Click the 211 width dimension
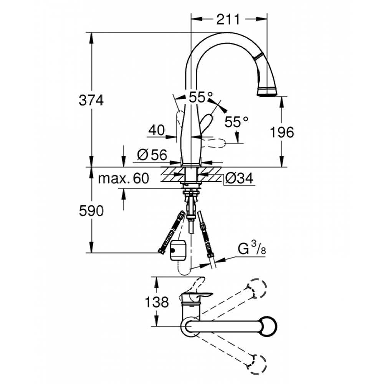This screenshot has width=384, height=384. [228, 19]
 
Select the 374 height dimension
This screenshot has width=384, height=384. [91, 100]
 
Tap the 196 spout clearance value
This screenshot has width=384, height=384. [282, 132]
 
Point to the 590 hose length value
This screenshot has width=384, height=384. [91, 210]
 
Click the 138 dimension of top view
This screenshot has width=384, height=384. [157, 302]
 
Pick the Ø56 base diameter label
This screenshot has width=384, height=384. [152, 155]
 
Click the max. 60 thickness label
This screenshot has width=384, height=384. [124, 178]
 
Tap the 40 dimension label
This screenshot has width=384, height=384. [157, 130]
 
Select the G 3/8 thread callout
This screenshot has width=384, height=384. [252, 250]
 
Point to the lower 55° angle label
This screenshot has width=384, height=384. [237, 121]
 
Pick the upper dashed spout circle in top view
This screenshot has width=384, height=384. [257, 288]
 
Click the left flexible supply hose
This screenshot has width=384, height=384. [171, 232]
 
